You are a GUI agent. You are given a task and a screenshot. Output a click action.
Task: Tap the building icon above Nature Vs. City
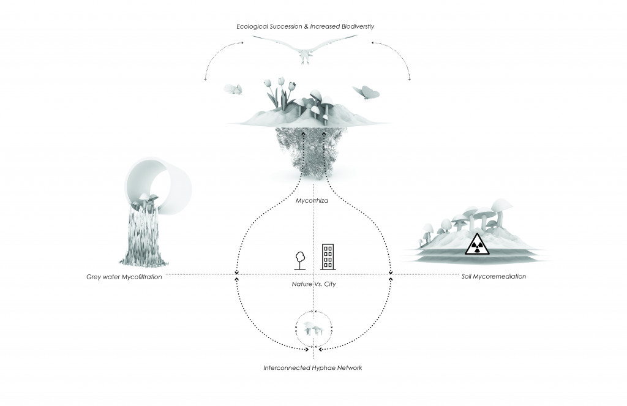[328, 257]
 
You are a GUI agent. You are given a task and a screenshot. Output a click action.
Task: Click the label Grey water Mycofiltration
[124, 277]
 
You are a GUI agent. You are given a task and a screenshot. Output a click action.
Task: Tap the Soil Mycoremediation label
[494, 277]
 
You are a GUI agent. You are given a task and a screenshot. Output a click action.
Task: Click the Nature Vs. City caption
[313, 285]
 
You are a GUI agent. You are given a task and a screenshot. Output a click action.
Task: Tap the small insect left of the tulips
[233, 89]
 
